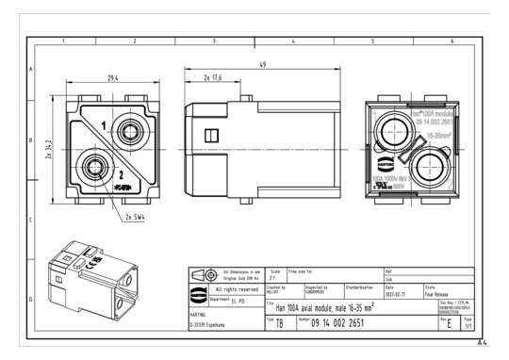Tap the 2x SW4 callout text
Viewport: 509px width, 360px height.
point(137,216)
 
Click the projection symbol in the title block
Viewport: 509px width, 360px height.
point(205,274)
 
